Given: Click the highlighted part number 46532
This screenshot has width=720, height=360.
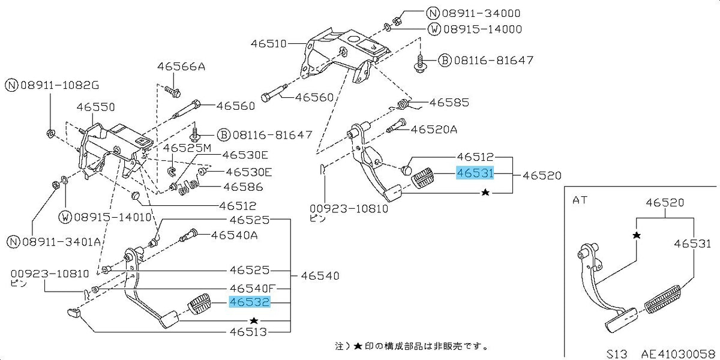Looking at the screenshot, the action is point(250,302).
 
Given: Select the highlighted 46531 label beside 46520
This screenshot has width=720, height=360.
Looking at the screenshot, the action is point(475,173).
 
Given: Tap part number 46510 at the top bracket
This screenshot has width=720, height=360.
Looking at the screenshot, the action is point(268,43).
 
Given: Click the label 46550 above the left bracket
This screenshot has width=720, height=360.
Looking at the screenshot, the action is point(96,107).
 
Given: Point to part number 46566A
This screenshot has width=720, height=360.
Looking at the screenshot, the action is point(181,67).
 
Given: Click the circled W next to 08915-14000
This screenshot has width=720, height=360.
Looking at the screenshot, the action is point(434,29).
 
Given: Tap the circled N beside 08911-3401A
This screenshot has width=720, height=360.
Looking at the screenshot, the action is point(13,241).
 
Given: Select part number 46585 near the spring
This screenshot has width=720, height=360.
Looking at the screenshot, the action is point(449,103).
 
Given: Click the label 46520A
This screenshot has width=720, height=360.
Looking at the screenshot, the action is point(434,130).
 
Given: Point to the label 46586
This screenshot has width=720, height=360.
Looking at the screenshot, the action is point(244,187).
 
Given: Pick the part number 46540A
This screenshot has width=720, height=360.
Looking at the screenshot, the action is point(235,236).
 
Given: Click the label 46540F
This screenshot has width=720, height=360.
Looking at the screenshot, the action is point(253,287).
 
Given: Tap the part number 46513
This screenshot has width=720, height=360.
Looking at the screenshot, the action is point(248,331).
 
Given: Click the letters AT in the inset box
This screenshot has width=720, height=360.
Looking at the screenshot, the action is point(580,200).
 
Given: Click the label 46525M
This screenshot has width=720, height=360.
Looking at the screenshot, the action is point(187,148).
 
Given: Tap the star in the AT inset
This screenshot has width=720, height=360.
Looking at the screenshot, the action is point(637,236).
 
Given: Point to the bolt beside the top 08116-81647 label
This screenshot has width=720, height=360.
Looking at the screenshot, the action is point(419,64).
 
